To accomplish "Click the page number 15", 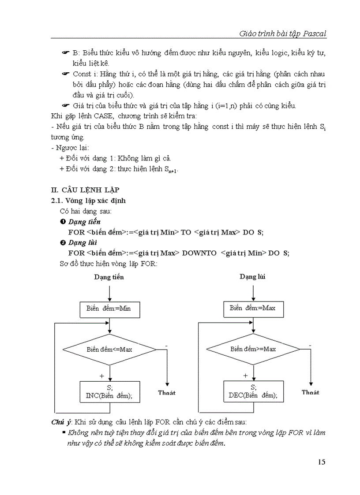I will pyautogui.click(x=321, y=462).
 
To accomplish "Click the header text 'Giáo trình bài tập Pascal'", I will pyautogui.click(x=282, y=33).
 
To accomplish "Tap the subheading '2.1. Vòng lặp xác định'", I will pyautogui.click(x=89, y=201).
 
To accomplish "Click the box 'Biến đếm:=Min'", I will pyautogui.click(x=109, y=309).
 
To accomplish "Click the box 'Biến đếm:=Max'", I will pyautogui.click(x=252, y=308).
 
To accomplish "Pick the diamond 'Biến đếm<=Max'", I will pyautogui.click(x=109, y=350).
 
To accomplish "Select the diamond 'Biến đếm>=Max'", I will pyautogui.click(x=253, y=349).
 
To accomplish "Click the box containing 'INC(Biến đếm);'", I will pyautogui.click(x=109, y=392).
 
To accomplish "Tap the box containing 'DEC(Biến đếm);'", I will pyautogui.click(x=253, y=391).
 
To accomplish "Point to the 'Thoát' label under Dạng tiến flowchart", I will pyautogui.click(x=167, y=393).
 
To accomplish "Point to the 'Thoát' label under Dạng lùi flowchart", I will pyautogui.click(x=311, y=392).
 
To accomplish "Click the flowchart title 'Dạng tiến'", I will pyautogui.click(x=109, y=277).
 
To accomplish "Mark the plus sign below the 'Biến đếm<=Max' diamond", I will pyautogui.click(x=102, y=376).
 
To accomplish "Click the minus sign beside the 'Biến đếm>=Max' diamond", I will pyautogui.click(x=310, y=344).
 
